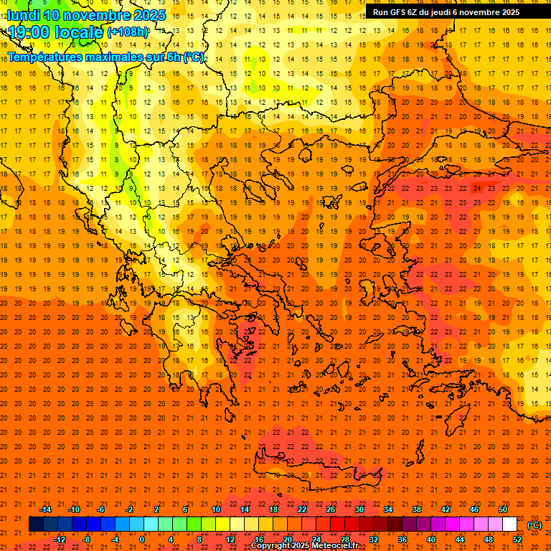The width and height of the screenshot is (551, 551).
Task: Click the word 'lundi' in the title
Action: (x=24, y=15)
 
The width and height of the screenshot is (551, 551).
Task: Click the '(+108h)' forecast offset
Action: (x=128, y=32)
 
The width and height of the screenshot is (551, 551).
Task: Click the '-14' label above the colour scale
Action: (x=45, y=509)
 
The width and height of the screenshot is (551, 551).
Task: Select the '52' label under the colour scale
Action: (x=517, y=540)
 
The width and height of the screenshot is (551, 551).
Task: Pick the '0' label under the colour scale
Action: (x=142, y=540)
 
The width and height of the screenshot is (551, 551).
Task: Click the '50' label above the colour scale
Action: (x=503, y=509)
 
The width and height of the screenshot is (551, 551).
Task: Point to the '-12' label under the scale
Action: (x=60, y=540)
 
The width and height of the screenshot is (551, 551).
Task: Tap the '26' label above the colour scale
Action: (x=331, y=509)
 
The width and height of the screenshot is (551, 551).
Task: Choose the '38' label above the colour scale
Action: (x=417, y=509)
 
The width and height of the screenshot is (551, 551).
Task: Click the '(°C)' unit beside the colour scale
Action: (x=534, y=524)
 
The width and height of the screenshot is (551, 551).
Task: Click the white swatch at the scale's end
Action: (x=510, y=524)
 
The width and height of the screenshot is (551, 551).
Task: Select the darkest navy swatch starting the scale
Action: (x=36, y=524)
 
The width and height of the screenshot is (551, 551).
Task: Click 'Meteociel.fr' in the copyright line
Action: (x=335, y=546)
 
